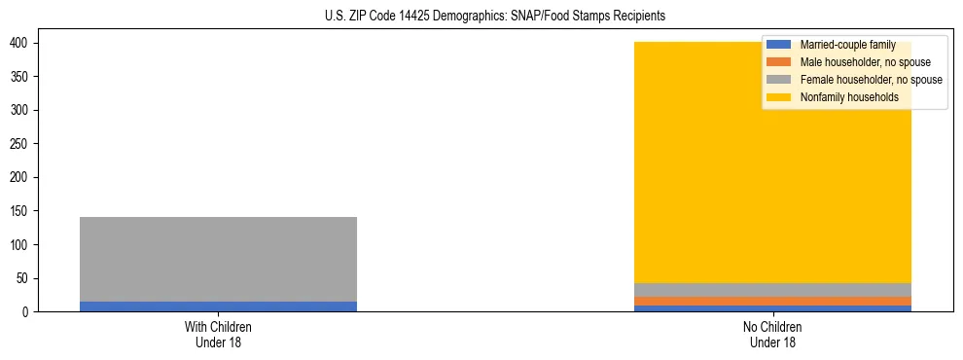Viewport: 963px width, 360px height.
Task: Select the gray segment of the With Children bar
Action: click(218, 259)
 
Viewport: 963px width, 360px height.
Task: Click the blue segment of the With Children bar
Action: click(218, 306)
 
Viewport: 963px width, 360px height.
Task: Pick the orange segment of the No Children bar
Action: click(772, 301)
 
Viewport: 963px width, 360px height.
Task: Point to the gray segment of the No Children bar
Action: click(772, 290)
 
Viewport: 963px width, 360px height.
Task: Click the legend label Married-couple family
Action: click(847, 46)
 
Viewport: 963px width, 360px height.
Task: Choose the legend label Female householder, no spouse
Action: click(871, 80)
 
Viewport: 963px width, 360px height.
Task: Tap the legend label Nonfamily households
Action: click(848, 97)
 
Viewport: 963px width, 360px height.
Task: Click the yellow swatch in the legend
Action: click(779, 97)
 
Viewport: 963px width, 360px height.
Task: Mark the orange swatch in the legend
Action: click(779, 62)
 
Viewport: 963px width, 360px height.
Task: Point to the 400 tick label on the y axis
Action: click(23, 44)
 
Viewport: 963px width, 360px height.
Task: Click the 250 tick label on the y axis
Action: click(23, 144)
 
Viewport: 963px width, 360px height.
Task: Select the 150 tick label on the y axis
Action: click(23, 211)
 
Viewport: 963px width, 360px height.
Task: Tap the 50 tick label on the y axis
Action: click(26, 278)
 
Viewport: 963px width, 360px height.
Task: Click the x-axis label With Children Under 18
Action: click(218, 334)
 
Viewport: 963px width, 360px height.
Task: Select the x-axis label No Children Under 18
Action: click(772, 334)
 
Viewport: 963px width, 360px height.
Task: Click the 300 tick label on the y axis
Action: click(23, 111)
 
